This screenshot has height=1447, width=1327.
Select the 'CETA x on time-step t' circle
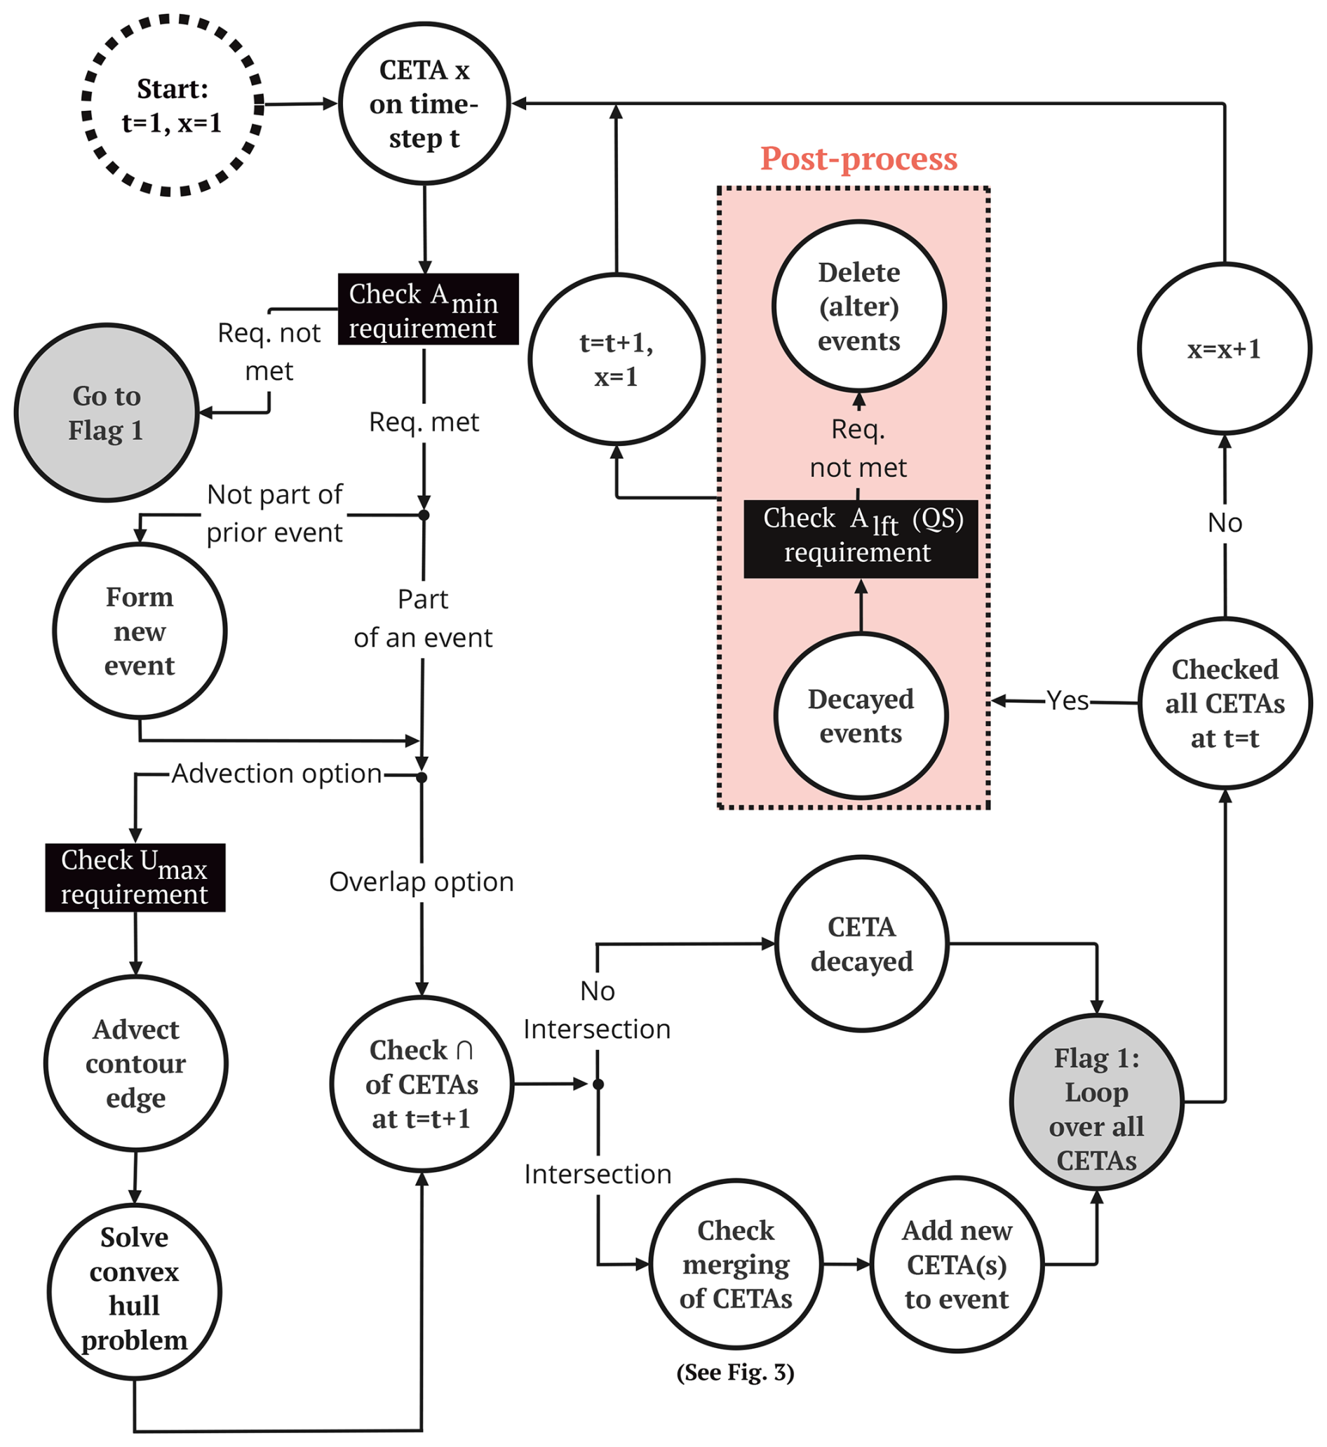pyautogui.click(x=424, y=104)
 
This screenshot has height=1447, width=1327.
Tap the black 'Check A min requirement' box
pyautogui.click(x=428, y=309)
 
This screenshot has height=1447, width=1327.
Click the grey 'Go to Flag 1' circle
pyautogui.click(x=107, y=413)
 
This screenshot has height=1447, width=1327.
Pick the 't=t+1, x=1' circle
pyautogui.click(x=616, y=359)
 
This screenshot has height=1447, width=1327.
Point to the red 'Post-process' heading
pyautogui.click(x=858, y=159)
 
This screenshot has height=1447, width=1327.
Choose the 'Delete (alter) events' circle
pyautogui.click(x=858, y=307)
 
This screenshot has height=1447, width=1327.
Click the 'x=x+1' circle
pyautogui.click(x=1225, y=349)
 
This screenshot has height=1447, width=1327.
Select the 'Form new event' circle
pyautogui.click(x=140, y=631)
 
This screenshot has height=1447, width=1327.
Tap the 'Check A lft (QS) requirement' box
pyautogui.click(x=861, y=539)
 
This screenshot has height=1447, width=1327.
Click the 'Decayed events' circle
pyautogui.click(x=861, y=716)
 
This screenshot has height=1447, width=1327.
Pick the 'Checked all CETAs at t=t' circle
pyautogui.click(x=1225, y=704)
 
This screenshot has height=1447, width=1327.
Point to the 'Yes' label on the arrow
pyautogui.click(x=1067, y=701)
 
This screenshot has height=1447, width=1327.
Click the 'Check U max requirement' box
pyautogui.click(x=135, y=877)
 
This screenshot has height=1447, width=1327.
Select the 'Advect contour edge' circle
pyautogui.click(x=136, y=1063)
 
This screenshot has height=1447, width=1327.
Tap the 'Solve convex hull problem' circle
pyautogui.click(x=134, y=1292)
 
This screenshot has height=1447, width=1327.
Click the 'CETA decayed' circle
pyautogui.click(x=862, y=944)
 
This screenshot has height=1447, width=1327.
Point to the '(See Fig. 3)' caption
pyautogui.click(x=735, y=1373)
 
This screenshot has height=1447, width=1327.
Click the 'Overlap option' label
pyautogui.click(x=422, y=882)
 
